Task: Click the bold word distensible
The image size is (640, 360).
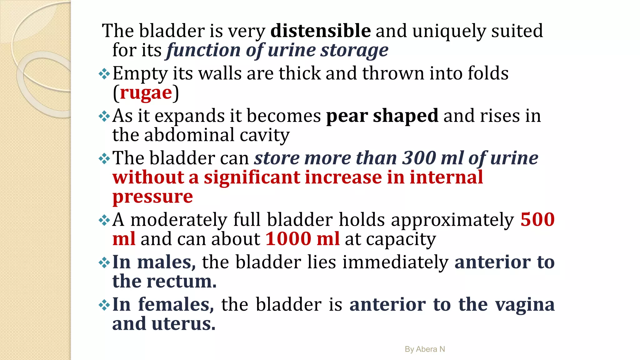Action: point(321,31)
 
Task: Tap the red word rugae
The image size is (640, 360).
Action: point(146,93)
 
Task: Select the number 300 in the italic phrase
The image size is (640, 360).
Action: point(419,158)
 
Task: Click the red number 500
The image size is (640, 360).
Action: point(537,219)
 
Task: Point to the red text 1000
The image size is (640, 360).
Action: point(288,239)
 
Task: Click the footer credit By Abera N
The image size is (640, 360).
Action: point(425,349)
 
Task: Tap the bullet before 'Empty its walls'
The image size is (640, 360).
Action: point(104,74)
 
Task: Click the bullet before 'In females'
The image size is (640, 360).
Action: point(104,305)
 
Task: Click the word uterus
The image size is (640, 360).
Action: point(183,324)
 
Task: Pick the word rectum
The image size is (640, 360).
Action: point(182,281)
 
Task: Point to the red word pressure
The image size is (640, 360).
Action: point(152,197)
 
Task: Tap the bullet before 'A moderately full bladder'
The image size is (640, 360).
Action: point(104,220)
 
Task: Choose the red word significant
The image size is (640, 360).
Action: point(252,177)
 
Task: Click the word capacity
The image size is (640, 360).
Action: point(401,239)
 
